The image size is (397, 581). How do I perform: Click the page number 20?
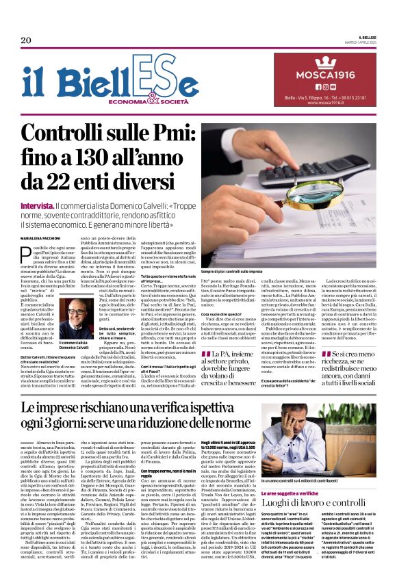pos(25,40)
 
